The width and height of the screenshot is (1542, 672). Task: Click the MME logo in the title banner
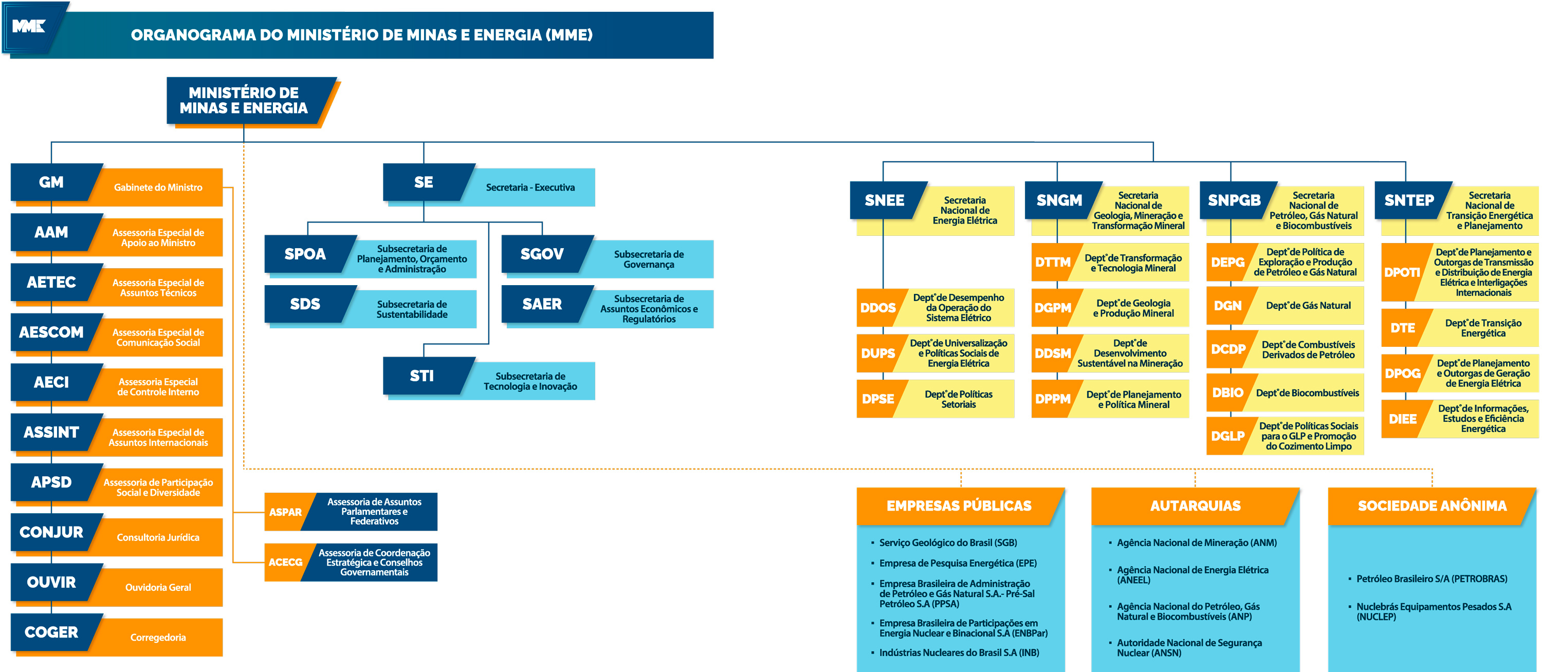click(x=29, y=26)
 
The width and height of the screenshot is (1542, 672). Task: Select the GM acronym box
click(x=51, y=182)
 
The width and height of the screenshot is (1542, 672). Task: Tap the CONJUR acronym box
click(x=51, y=532)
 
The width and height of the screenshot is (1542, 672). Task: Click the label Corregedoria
click(x=158, y=637)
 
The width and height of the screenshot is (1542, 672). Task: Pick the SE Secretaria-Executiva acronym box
click(x=424, y=182)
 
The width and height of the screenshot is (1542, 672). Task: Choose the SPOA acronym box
click(x=305, y=254)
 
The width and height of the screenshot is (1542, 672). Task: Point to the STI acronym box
click(x=422, y=376)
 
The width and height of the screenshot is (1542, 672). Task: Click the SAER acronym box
click(x=542, y=304)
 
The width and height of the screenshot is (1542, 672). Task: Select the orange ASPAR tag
click(x=286, y=512)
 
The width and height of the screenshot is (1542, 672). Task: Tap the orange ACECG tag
click(x=286, y=563)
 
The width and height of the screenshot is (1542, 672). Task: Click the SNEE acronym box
click(x=884, y=200)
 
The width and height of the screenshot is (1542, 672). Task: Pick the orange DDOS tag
click(x=877, y=308)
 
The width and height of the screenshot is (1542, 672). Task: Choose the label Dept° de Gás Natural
click(x=1308, y=306)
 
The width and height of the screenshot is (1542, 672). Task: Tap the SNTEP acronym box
click(x=1409, y=200)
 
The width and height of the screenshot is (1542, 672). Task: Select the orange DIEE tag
click(x=1403, y=419)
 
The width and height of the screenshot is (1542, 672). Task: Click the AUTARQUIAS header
click(x=1195, y=506)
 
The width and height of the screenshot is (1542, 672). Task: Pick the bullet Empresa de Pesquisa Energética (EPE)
click(x=957, y=563)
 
